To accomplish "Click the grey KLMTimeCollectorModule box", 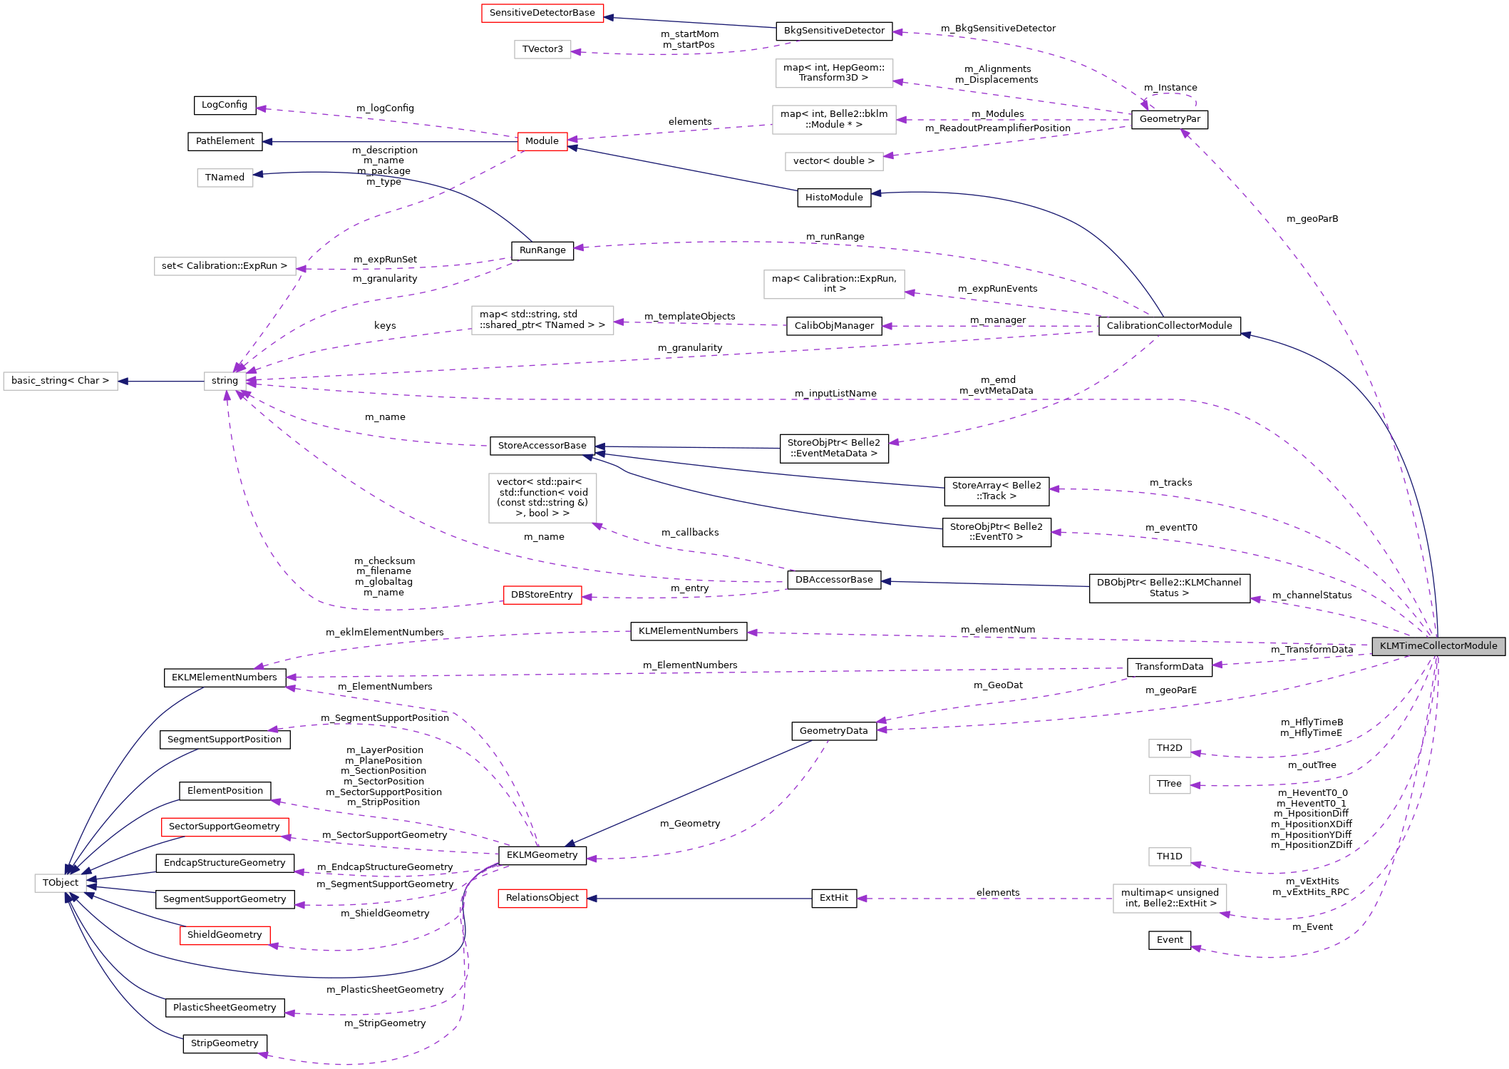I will tap(1438, 646).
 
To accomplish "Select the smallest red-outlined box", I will tap(542, 142).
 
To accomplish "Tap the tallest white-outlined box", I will tap(542, 498).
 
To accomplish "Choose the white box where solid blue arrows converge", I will tap(61, 883).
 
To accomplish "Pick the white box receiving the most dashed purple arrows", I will tap(225, 382).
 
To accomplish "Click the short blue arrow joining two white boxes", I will tap(160, 382).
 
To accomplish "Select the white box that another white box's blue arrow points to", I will tap(61, 382).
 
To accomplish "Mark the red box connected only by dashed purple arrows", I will tap(542, 595).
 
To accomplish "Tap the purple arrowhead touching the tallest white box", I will tap(597, 526).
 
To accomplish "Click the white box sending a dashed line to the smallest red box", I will tap(834, 120).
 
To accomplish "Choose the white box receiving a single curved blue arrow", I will tap(225, 178).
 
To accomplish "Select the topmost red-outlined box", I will tap(542, 14).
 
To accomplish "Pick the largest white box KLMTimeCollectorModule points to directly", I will tap(1170, 899).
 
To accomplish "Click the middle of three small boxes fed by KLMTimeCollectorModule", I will tap(1170, 784).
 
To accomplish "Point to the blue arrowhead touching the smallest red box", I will tap(572, 148).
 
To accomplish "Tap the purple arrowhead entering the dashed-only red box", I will tap(587, 598).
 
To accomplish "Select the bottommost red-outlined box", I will tap(225, 936).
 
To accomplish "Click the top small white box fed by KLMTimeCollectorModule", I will tap(1170, 749).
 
